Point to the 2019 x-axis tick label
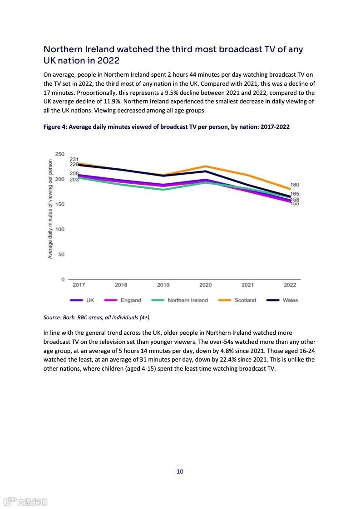pyautogui.click(x=163, y=285)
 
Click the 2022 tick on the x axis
pyautogui.click(x=290, y=285)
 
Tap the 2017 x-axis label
pyautogui.click(x=79, y=285)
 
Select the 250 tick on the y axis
pyautogui.click(x=60, y=155)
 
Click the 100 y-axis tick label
pyautogui.click(x=60, y=230)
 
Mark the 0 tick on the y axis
pyautogui.click(x=63, y=279)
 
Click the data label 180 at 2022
pyautogui.click(x=295, y=185)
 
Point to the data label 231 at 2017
pyautogui.click(x=74, y=159)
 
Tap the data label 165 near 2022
pyautogui.click(x=295, y=194)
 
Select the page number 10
pyautogui.click(x=180, y=471)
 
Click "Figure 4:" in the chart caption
pyautogui.click(x=55, y=127)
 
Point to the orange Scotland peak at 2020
pyautogui.click(x=205, y=166)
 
